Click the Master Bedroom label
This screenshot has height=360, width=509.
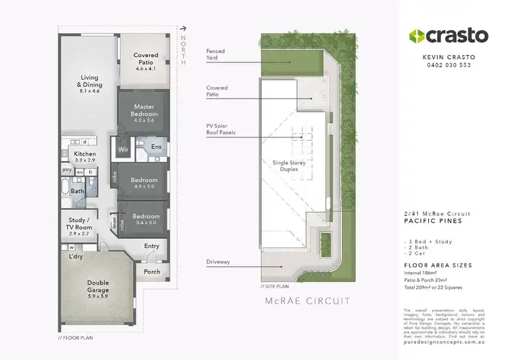click(144, 110)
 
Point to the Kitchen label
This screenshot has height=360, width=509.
click(85, 154)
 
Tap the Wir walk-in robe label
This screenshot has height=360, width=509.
click(124, 149)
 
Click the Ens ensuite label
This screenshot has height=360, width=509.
click(155, 147)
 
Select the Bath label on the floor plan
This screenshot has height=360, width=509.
click(78, 191)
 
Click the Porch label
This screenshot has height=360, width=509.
click(152, 272)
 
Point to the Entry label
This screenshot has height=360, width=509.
click(151, 246)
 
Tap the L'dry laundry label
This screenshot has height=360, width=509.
click(75, 257)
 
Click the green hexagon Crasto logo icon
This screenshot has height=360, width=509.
click(415, 36)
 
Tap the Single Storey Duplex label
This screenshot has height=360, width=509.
click(290, 166)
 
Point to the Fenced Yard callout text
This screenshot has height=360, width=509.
click(216, 54)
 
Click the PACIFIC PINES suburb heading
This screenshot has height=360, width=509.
click(432, 221)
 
